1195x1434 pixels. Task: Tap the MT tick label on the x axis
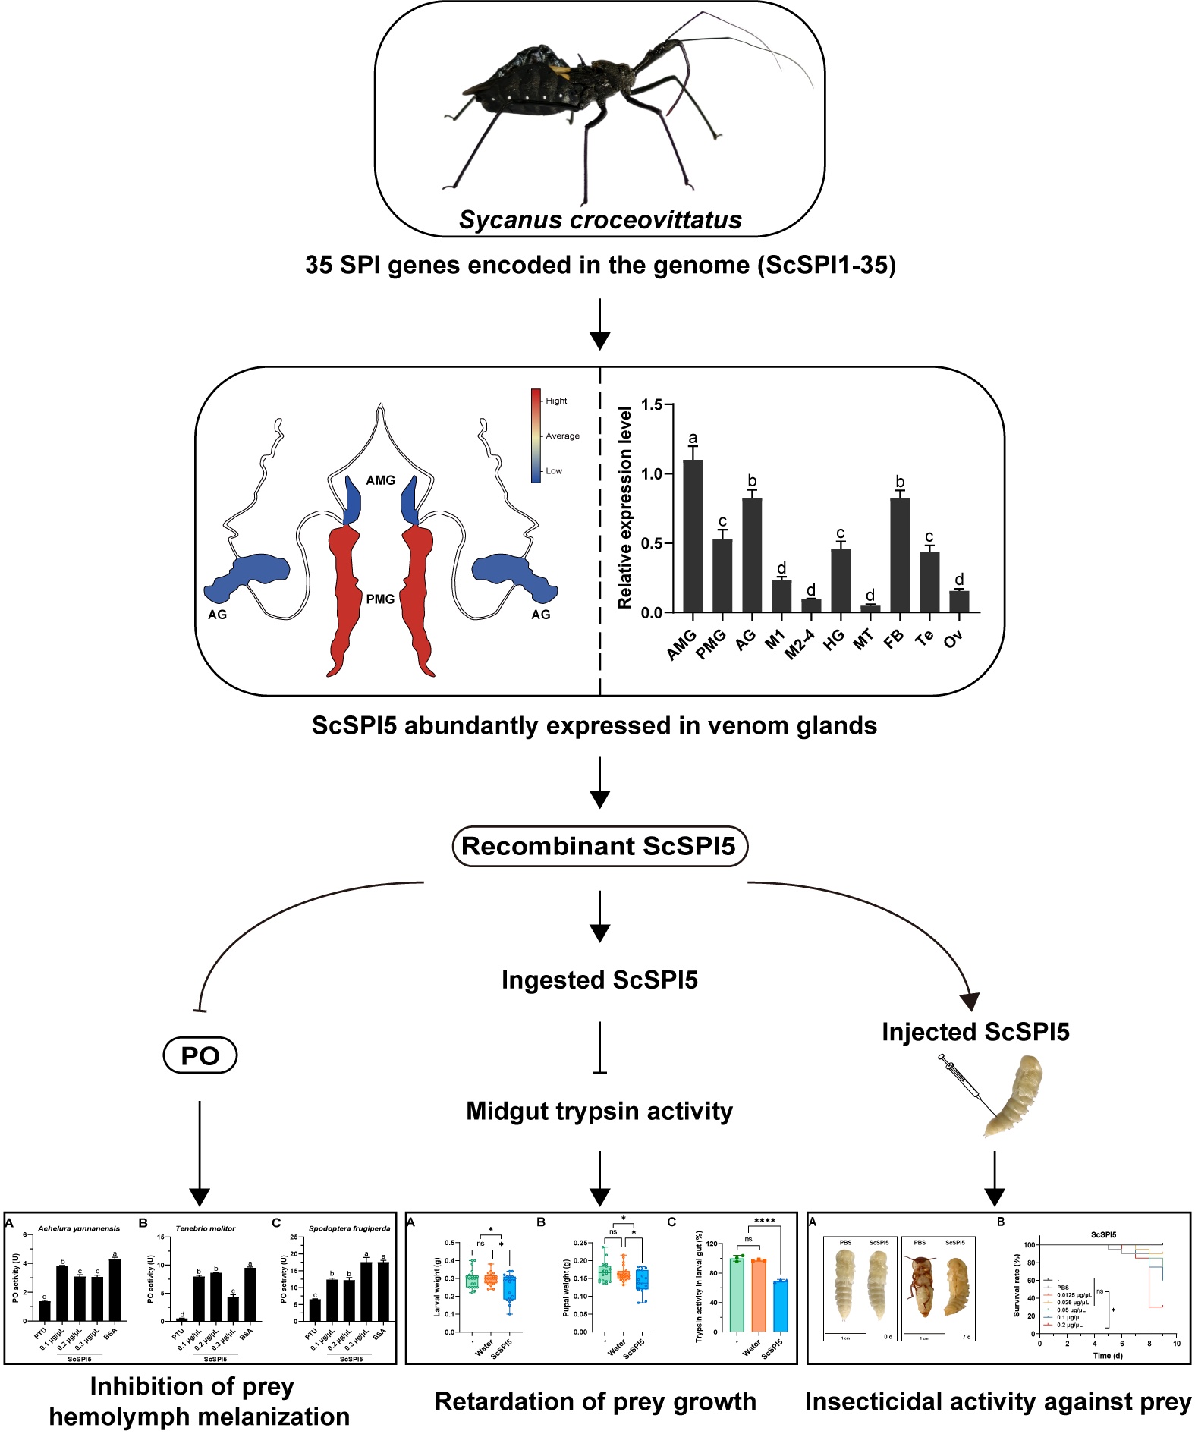(x=863, y=640)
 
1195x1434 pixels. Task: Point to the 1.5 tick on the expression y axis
(x=652, y=405)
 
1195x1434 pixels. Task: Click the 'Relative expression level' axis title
(x=625, y=508)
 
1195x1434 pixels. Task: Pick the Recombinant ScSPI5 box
(x=599, y=846)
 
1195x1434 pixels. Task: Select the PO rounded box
(x=200, y=1055)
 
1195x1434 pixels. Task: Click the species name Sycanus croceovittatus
(x=600, y=220)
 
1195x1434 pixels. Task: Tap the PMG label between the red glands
(x=380, y=599)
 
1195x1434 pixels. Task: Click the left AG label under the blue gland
(x=218, y=615)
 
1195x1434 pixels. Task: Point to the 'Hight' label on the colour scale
(x=556, y=401)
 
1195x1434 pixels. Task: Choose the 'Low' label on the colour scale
(x=554, y=471)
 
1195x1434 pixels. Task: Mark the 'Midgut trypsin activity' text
(x=599, y=1111)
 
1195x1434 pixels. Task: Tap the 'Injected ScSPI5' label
(x=975, y=1032)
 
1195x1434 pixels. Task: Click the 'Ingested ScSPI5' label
(x=599, y=980)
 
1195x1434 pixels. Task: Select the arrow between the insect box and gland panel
(x=600, y=324)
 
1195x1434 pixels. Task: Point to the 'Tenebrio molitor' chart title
(x=206, y=1228)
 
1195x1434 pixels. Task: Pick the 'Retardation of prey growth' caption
(x=596, y=1401)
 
